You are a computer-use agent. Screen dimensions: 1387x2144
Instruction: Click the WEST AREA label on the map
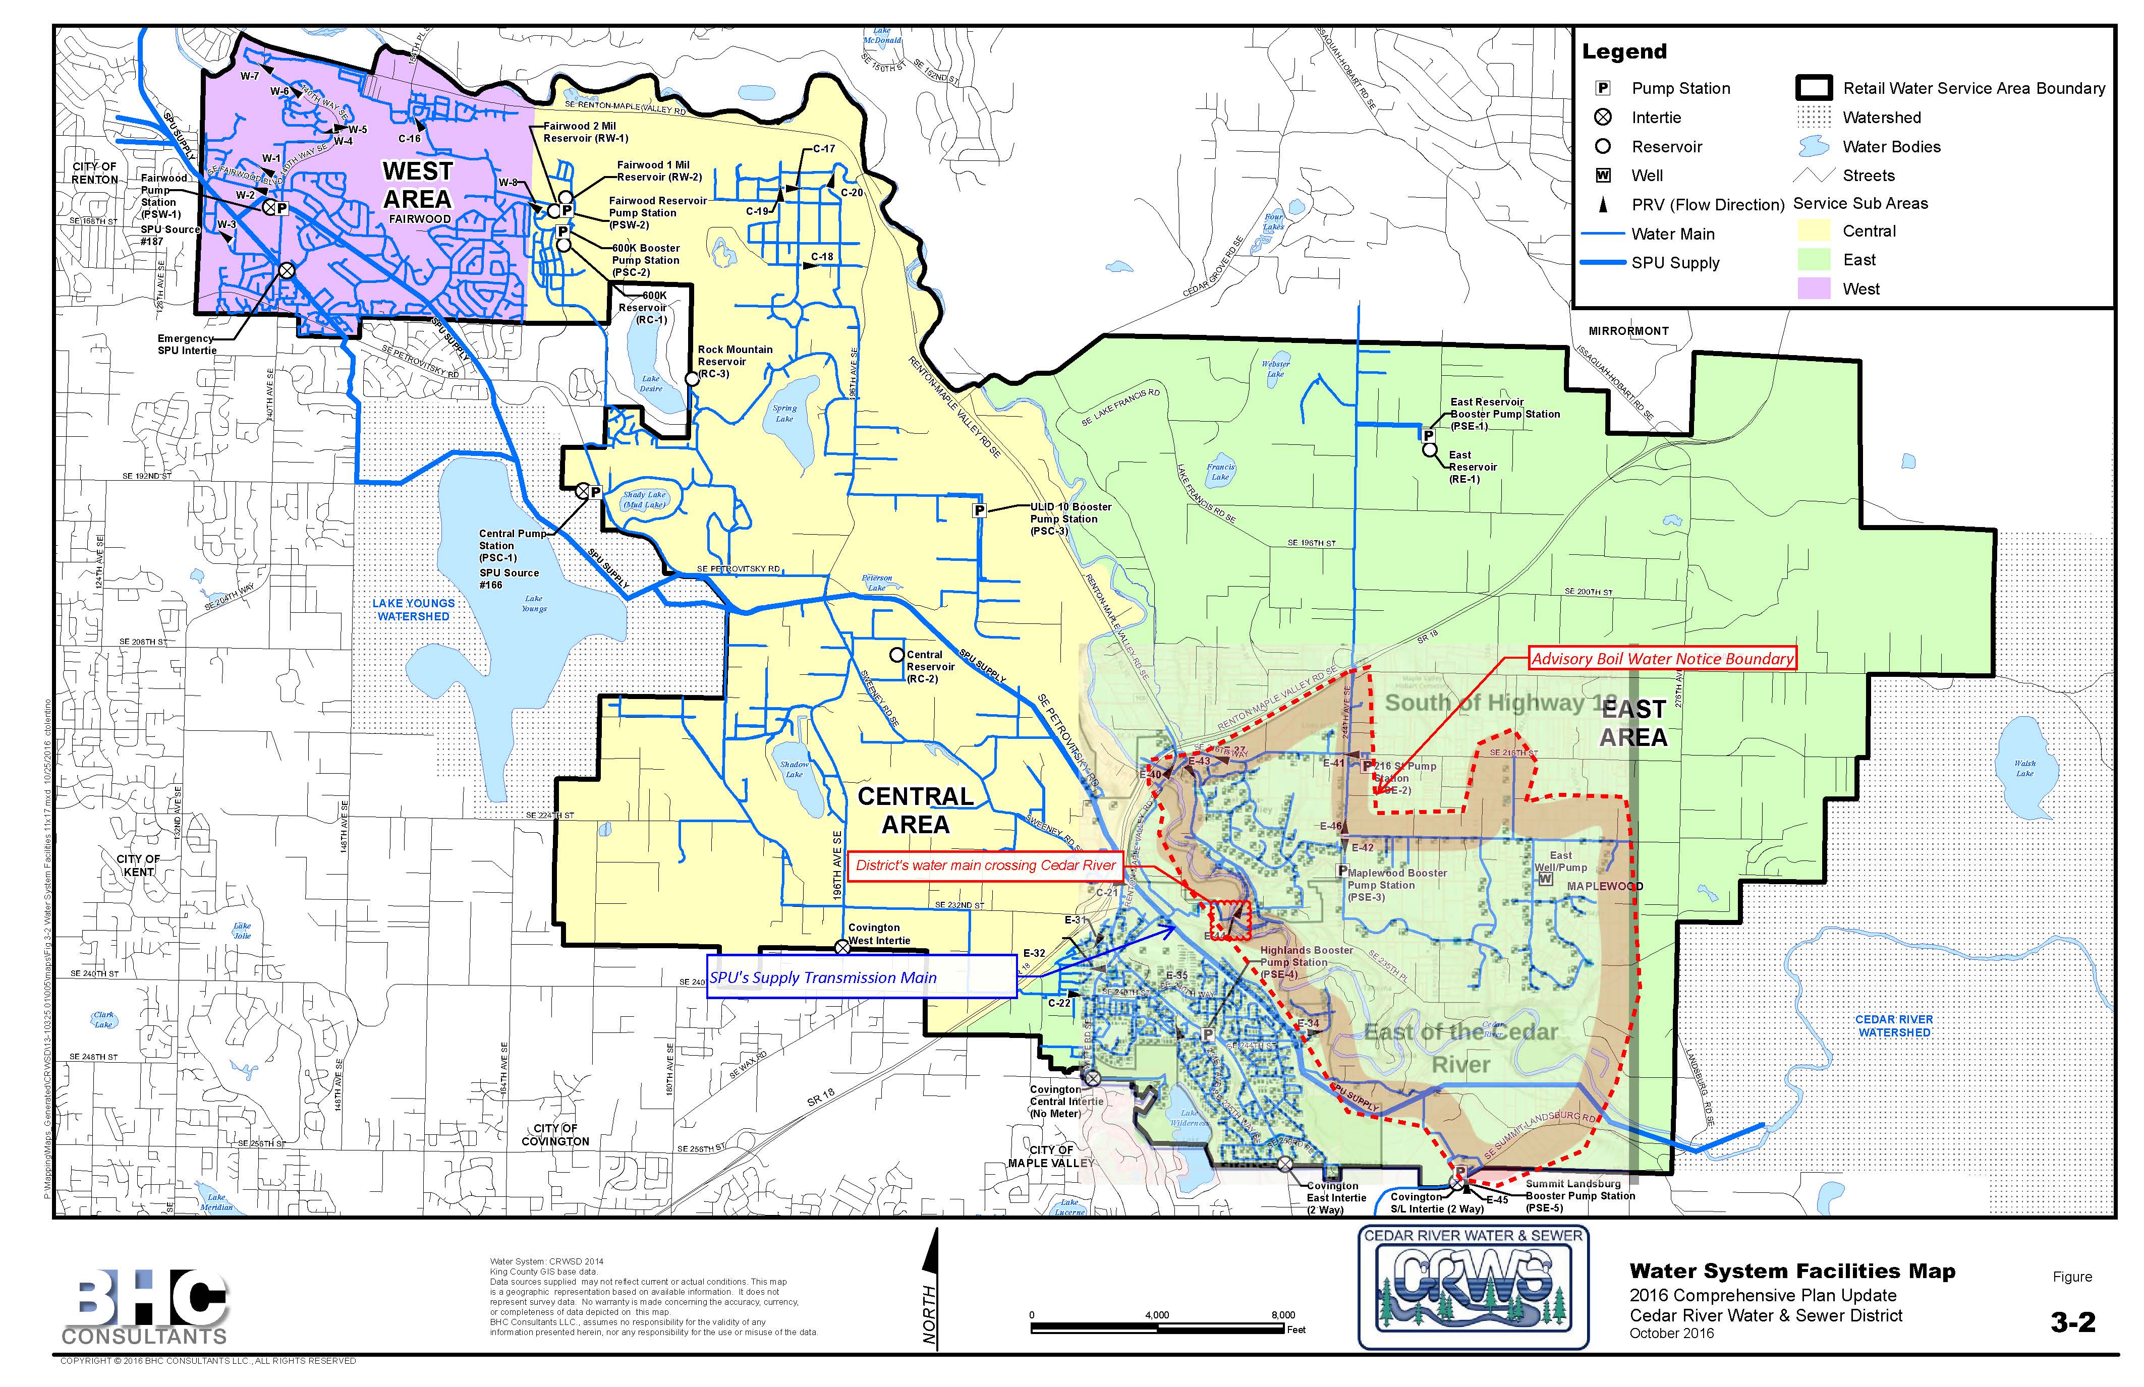[417, 185]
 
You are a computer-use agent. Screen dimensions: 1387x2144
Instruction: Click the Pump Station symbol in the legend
[1604, 88]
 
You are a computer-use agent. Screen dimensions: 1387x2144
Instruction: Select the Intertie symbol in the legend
[1604, 117]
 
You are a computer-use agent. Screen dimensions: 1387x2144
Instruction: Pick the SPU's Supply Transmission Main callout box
[862, 977]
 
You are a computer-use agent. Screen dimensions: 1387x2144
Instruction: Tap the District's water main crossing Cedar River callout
[986, 865]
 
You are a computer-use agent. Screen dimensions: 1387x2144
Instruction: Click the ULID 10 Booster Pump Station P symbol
[979, 510]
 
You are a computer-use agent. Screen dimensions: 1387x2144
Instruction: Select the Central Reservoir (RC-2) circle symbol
[896, 655]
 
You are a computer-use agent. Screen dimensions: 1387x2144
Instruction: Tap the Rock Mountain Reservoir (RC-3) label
[734, 361]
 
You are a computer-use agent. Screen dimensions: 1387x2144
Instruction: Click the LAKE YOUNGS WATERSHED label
[414, 610]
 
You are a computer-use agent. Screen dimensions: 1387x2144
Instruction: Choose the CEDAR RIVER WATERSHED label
[1894, 1026]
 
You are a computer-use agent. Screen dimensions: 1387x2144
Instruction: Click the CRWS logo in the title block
[1473, 1288]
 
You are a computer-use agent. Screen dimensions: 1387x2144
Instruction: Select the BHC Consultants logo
[147, 1306]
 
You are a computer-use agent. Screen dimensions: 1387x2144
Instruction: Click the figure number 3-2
[2073, 1322]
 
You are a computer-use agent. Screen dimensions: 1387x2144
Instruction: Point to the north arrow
[931, 1288]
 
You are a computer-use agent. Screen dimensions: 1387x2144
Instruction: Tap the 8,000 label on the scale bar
[1283, 1315]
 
